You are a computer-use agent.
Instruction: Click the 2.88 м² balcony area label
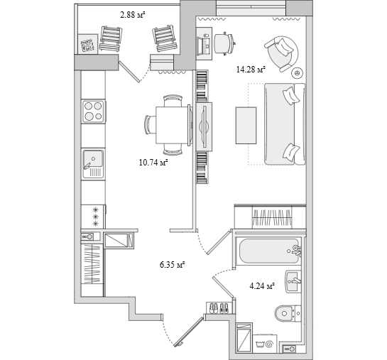tap(132, 15)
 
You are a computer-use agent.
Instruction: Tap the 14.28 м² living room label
tap(251, 70)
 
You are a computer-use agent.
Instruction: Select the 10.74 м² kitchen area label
tap(153, 163)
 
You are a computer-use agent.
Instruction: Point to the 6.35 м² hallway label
tap(173, 265)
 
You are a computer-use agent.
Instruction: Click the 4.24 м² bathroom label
tap(262, 286)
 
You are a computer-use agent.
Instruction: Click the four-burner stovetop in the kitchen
tap(93, 111)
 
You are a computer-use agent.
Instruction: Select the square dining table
tap(173, 125)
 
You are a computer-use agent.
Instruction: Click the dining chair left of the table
tap(150, 125)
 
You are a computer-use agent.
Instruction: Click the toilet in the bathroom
tap(288, 314)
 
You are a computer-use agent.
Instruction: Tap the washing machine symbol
tap(266, 344)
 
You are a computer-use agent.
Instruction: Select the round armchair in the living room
tap(283, 53)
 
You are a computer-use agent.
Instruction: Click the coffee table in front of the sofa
tap(246, 125)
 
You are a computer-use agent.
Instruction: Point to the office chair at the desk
tap(224, 43)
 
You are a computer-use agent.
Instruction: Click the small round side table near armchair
tap(297, 73)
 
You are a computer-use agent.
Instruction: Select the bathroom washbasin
tap(293, 281)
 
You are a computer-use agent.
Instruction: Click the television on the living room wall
tap(204, 126)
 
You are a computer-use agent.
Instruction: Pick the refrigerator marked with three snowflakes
tap(93, 217)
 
